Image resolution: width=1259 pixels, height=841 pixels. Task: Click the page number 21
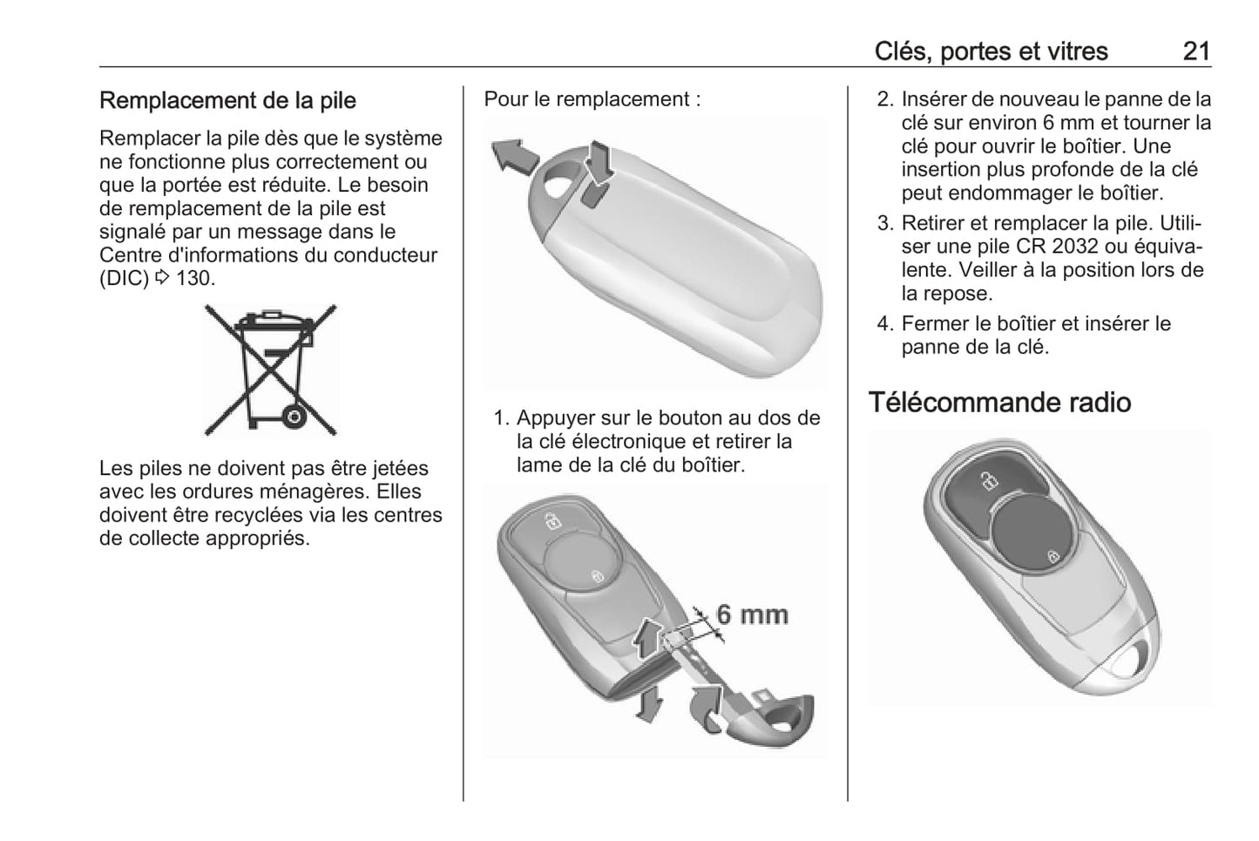click(1196, 51)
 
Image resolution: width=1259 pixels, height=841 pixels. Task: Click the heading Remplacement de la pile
click(227, 100)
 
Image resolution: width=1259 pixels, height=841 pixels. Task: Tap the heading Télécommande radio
click(999, 403)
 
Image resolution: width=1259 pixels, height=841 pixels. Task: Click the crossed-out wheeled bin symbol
click(270, 370)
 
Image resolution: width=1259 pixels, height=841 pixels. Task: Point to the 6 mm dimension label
click(752, 614)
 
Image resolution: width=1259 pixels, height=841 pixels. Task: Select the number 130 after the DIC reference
click(194, 278)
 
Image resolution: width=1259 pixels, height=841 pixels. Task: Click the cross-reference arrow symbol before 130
click(162, 278)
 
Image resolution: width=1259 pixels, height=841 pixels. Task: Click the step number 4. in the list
click(884, 323)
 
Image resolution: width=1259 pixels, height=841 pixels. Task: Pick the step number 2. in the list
click(884, 99)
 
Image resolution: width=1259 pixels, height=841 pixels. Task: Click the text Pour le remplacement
click(586, 99)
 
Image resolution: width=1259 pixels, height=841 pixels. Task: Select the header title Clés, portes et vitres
click(991, 51)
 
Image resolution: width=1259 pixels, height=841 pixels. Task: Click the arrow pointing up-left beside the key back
click(514, 156)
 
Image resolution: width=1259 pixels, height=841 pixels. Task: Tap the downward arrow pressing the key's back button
click(599, 162)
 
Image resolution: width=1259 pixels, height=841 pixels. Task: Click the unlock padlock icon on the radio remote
click(989, 481)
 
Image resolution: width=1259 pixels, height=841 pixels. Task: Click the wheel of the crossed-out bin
click(294, 417)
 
